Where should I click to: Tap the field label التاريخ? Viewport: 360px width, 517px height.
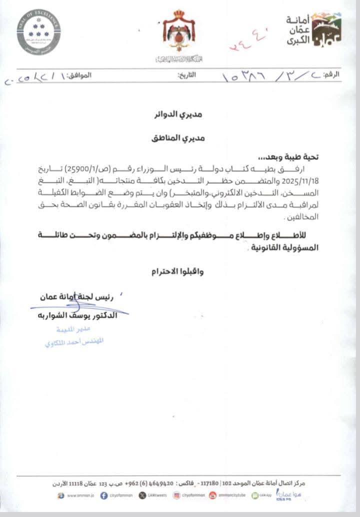coord(187,75)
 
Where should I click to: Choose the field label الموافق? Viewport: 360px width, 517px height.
coord(79,75)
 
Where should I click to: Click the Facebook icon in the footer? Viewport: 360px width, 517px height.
coord(104,495)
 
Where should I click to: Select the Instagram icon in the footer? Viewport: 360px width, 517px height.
coord(176,495)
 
